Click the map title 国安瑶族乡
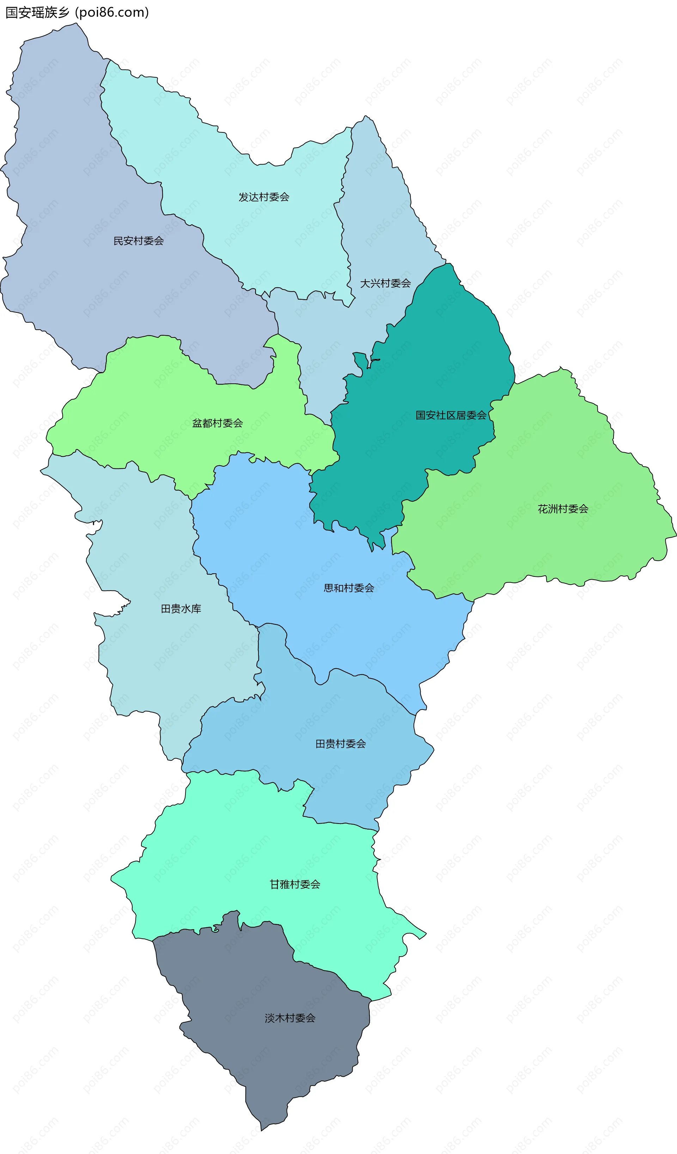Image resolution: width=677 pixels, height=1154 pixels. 37,12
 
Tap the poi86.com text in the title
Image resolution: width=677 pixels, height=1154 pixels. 112,12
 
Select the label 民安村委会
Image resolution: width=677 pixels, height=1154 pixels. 139,241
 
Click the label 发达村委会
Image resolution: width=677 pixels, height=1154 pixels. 264,197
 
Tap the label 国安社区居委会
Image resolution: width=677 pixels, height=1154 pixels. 451,415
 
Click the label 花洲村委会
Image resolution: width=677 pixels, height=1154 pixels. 563,509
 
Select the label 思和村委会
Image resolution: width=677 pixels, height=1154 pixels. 349,588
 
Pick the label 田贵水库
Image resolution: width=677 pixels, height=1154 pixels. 181,609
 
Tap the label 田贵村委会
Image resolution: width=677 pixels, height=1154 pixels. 340,744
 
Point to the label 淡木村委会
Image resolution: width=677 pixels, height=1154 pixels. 290,1018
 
